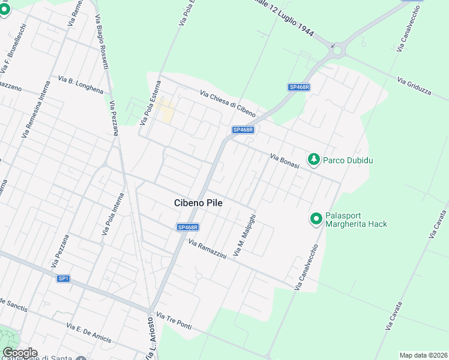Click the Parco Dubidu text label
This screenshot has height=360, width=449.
(x=346, y=160)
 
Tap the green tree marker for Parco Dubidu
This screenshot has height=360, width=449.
(x=313, y=159)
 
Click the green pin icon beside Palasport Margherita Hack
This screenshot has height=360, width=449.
(x=316, y=220)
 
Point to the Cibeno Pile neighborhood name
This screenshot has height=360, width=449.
(x=198, y=203)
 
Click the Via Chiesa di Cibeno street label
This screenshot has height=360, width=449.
(x=228, y=104)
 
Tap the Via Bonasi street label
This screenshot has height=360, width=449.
(x=285, y=161)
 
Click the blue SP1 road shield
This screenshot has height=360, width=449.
(x=64, y=278)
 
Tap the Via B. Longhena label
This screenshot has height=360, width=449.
(x=80, y=85)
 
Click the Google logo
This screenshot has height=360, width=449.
(x=19, y=353)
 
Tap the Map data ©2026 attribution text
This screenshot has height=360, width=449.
(x=424, y=355)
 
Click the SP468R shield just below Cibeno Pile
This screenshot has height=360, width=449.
(x=188, y=227)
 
